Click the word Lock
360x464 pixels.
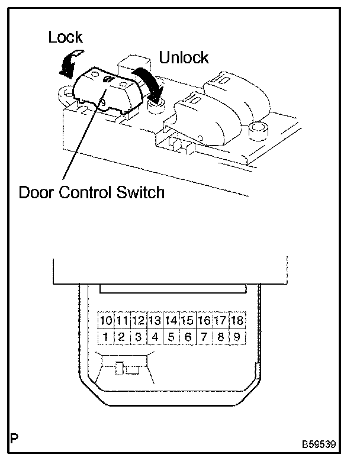click(65, 38)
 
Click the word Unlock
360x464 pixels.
click(184, 57)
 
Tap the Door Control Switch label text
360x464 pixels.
click(91, 192)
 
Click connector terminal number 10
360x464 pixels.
click(106, 321)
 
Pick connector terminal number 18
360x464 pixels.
click(237, 321)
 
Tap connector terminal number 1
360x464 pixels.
click(106, 338)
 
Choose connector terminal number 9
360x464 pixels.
click(237, 338)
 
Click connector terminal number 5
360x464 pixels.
click(171, 338)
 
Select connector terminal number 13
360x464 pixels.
click(155, 321)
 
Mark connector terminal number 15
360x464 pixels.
click(188, 321)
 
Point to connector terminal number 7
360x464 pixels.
click(204, 338)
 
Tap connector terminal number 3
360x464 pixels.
click(139, 338)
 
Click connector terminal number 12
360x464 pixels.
click(139, 321)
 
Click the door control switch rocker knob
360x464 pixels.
click(110, 89)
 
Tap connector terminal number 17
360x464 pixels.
click(220, 321)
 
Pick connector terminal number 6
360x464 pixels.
click(188, 338)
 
